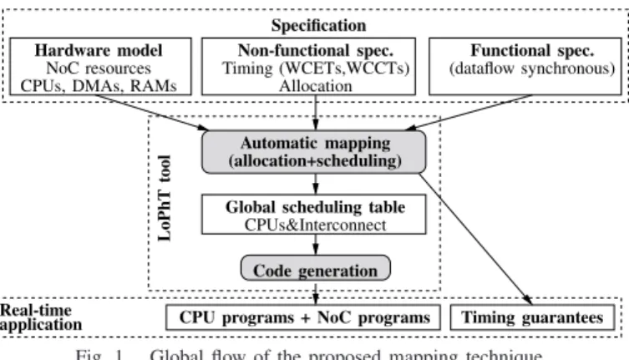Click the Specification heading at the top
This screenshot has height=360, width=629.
(x=318, y=25)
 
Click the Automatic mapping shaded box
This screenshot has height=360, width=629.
(x=314, y=152)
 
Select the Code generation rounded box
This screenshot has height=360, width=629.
(x=316, y=268)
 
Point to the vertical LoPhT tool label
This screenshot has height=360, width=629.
(x=165, y=198)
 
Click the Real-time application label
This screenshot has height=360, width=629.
(x=41, y=317)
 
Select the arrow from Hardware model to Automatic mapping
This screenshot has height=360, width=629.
(x=152, y=113)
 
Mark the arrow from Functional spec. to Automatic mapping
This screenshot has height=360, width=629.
(x=469, y=113)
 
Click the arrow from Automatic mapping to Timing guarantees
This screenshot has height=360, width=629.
(x=476, y=239)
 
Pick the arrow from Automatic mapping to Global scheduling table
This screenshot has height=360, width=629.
(x=316, y=185)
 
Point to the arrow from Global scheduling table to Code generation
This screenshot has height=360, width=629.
(x=316, y=245)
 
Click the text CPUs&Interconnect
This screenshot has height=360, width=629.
(x=315, y=226)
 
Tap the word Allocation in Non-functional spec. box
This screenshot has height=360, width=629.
(x=316, y=86)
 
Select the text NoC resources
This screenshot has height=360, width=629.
(x=99, y=68)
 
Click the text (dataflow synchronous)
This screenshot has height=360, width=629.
(x=532, y=68)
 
